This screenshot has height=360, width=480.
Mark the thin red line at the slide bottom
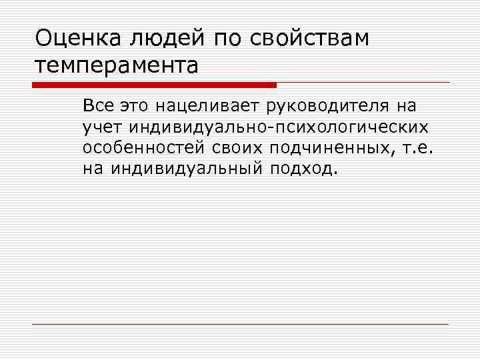[x=240, y=324]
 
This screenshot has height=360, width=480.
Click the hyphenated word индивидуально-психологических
[x=279, y=126]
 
